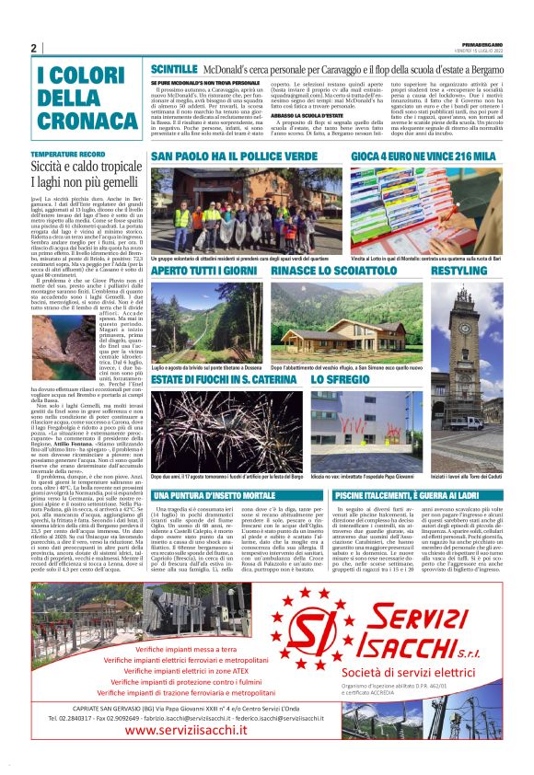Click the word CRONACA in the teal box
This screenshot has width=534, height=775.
click(x=76, y=120)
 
